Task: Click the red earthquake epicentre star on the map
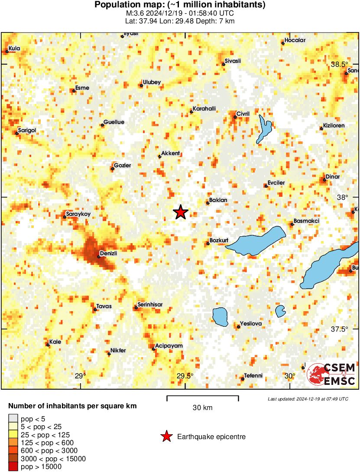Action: tap(181, 212)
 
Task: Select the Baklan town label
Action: tap(218, 200)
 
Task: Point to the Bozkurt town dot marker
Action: tap(208, 244)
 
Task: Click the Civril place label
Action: tap(243, 114)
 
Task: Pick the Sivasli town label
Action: tap(232, 61)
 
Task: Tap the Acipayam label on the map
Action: tap(169, 345)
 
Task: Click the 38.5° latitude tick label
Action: tap(339, 64)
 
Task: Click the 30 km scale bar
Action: tap(202, 398)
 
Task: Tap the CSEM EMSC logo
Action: tap(331, 374)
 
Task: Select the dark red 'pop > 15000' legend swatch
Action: tap(13, 466)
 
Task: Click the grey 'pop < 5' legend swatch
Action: tap(13, 419)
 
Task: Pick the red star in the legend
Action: tap(166, 436)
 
